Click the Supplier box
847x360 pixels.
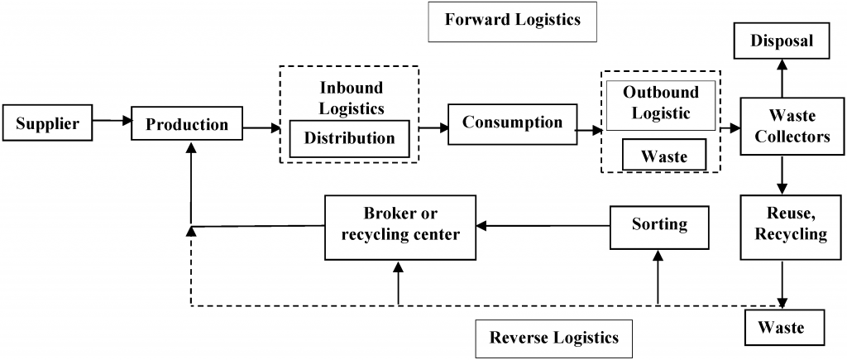click(47, 124)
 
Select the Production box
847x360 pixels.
click(186, 125)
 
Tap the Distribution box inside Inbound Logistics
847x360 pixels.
click(349, 138)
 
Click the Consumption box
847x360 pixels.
click(512, 122)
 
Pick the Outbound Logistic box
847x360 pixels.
click(660, 103)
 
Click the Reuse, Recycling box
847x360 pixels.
click(783, 224)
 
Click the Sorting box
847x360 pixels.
click(659, 225)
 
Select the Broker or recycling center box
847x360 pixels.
click(400, 224)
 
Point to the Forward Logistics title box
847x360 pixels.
click(512, 21)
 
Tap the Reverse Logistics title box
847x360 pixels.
click(553, 337)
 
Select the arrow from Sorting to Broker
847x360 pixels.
click(543, 225)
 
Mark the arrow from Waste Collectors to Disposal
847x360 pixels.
click(782, 79)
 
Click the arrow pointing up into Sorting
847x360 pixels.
click(659, 277)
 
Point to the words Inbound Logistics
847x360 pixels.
click(352, 98)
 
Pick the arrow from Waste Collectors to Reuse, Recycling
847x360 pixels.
click(782, 175)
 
